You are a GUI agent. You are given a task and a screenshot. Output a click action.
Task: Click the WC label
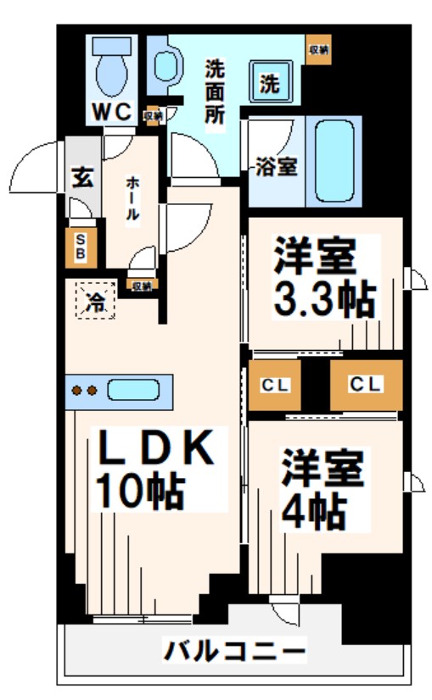coord(110,110)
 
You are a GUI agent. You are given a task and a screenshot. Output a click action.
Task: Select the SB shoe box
coord(81,246)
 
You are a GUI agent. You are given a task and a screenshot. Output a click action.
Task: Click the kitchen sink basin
coord(134,391)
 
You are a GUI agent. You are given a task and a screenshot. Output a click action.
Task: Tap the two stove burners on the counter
coord(83,391)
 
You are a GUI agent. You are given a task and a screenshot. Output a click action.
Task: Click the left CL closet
coord(275,386)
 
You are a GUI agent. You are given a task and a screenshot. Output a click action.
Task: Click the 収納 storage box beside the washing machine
coord(318,51)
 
